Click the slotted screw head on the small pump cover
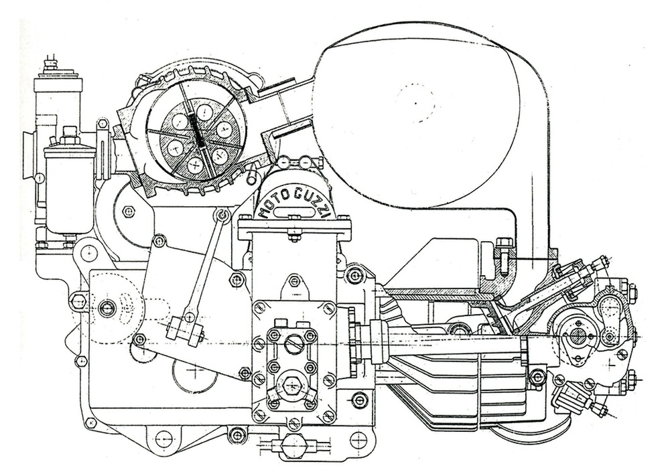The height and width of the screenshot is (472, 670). pos(290,347)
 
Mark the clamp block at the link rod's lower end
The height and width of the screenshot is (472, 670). pos(187,329)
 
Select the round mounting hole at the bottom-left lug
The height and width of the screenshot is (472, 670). pos(163,440)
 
